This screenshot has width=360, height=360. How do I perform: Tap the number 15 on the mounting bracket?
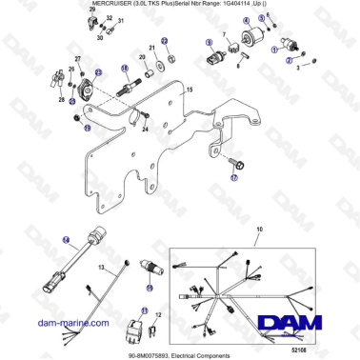[189, 89]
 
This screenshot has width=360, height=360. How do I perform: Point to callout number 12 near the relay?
[158, 315]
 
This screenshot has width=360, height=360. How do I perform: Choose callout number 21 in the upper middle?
[151, 48]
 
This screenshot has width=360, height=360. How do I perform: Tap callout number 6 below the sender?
[237, 67]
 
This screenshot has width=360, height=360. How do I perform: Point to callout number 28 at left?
[62, 98]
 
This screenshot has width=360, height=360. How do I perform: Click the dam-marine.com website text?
[42, 324]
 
